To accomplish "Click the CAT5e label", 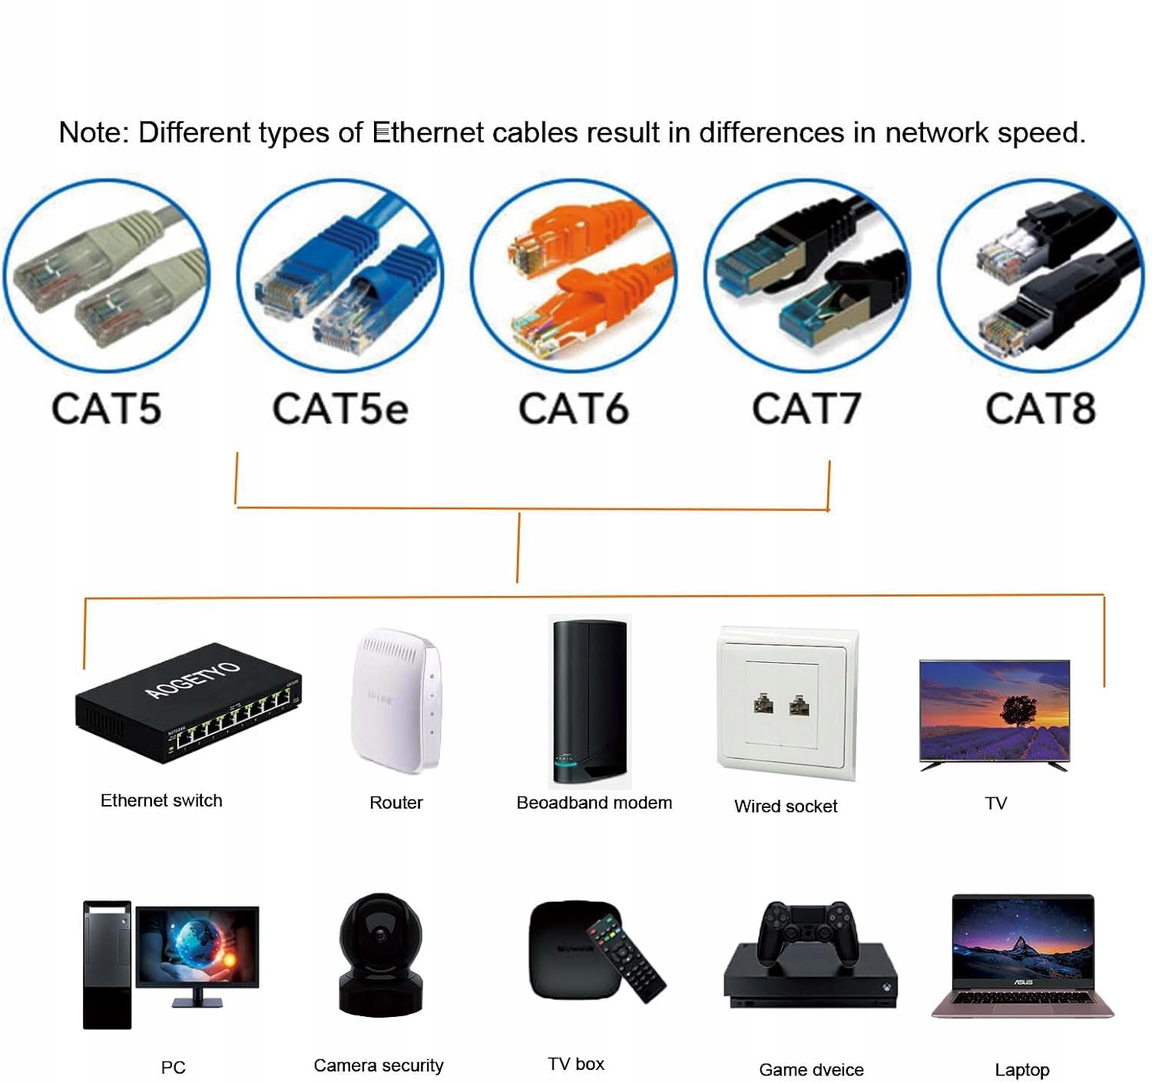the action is click(340, 409).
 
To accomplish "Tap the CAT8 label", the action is click(1041, 409).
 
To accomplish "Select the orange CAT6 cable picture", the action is click(574, 276).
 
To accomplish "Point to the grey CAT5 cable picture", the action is click(107, 276).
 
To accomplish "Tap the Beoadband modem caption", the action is click(594, 803).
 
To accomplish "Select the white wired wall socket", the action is click(786, 702).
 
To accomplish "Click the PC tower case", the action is click(107, 965).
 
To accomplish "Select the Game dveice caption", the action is click(811, 1069).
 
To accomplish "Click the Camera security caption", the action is click(379, 1065).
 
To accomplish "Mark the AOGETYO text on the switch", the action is click(192, 679).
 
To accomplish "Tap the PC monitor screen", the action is click(197, 946).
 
